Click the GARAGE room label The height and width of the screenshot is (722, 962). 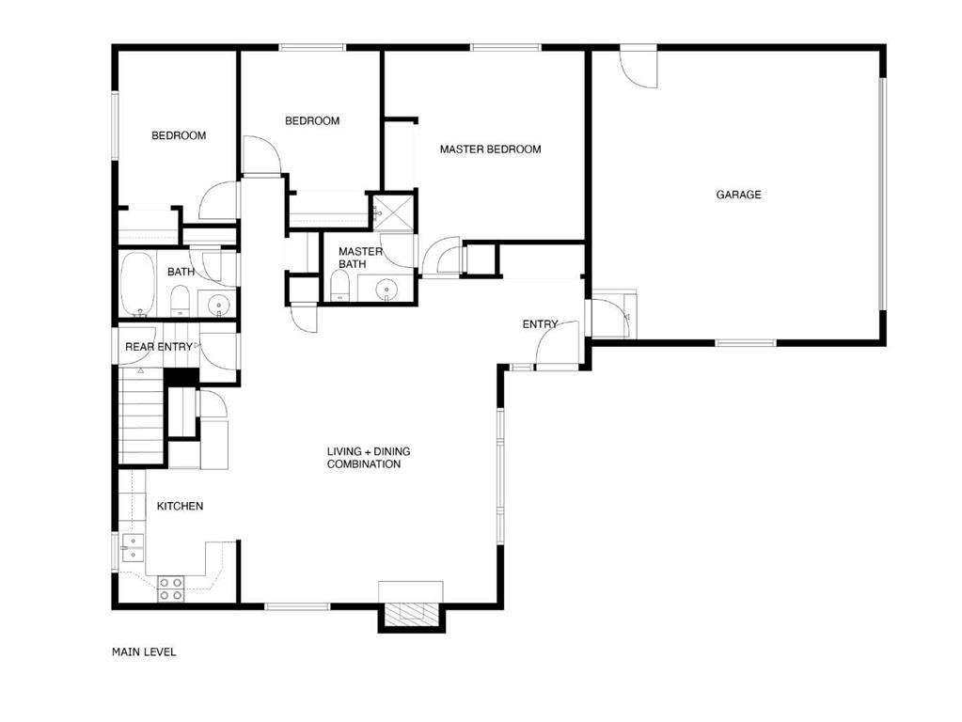pos(739,195)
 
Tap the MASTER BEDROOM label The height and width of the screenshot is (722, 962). pos(490,149)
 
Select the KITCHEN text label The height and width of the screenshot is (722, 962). pos(180,506)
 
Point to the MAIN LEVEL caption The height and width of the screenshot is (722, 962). pos(144,652)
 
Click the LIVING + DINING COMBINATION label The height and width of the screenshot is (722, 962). pos(368,458)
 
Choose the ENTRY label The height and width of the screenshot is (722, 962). pos(540,324)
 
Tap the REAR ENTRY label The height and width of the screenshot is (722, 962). pos(158,347)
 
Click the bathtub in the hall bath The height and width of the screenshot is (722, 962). pos(137,283)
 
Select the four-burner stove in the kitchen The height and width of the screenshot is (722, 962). pos(170,589)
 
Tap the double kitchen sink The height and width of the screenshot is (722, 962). pos(133,548)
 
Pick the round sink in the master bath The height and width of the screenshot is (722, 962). pos(386,288)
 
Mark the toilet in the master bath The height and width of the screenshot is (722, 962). pos(339,286)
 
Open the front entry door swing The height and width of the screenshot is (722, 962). pos(557,343)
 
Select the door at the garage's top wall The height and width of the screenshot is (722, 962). pos(639,66)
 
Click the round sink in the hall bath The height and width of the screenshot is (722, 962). pos(218,305)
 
